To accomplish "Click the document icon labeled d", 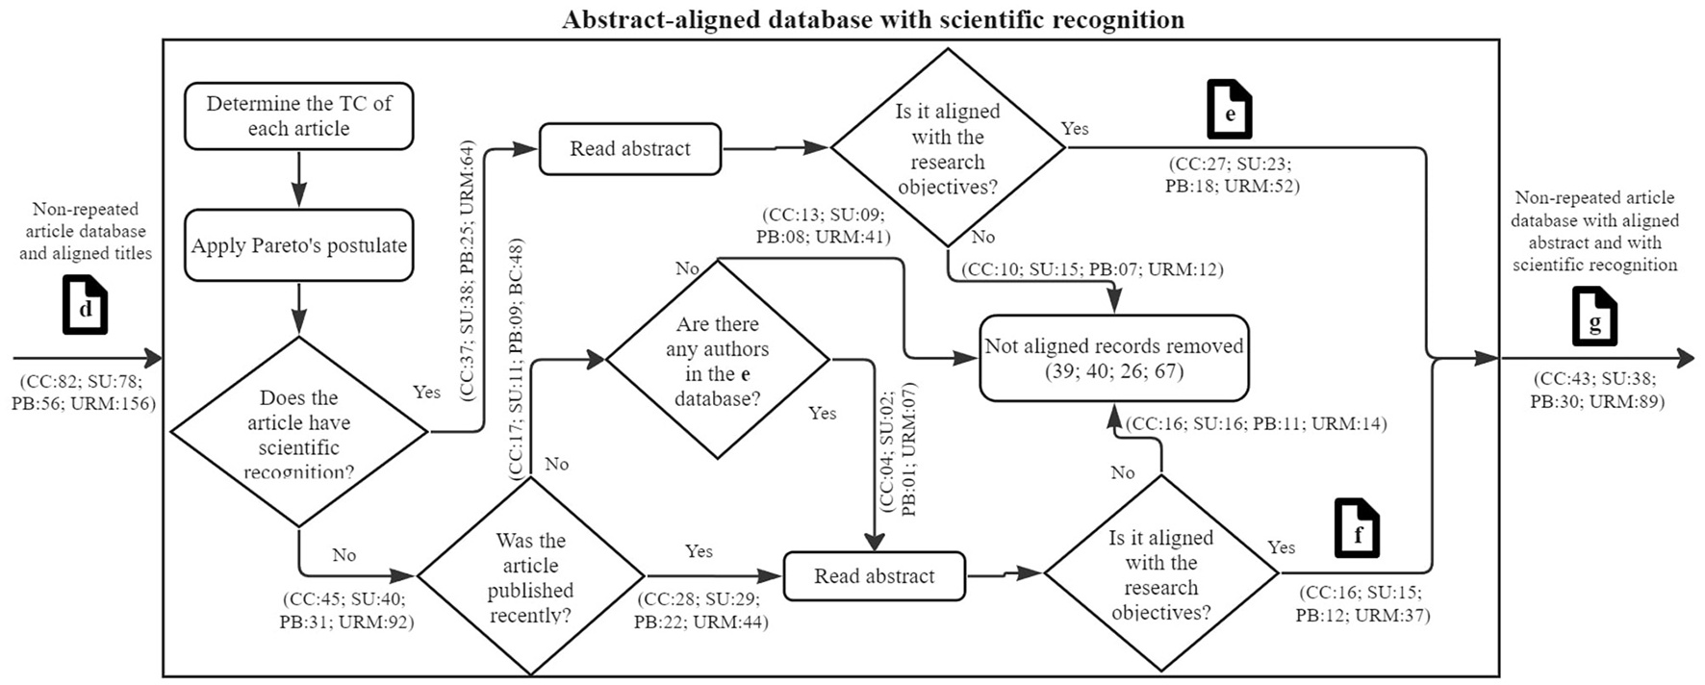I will click(x=85, y=304).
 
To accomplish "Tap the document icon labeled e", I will click(x=1229, y=110).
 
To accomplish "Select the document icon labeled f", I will click(x=1356, y=528).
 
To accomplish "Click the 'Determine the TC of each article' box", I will click(x=298, y=116).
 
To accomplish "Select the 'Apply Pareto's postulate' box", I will click(x=298, y=245).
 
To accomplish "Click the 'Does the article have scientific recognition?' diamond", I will click(x=298, y=432).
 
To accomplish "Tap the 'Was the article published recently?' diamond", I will click(x=530, y=576).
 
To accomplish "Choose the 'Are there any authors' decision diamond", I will click(x=717, y=361).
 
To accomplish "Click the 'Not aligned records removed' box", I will click(x=1113, y=358).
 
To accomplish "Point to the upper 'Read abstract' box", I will click(x=629, y=149).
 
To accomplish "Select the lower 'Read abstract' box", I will click(x=874, y=576).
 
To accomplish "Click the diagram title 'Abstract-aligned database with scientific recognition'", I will click(x=873, y=19).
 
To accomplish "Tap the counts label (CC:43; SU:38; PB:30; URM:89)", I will click(x=1596, y=390).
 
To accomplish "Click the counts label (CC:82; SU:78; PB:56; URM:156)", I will click(x=83, y=392).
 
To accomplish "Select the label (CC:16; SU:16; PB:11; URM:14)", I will click(x=1256, y=423).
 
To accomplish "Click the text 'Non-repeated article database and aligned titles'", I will click(x=85, y=231).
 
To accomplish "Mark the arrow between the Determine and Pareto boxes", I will click(x=298, y=179).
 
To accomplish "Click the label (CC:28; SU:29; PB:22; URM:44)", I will click(x=700, y=611).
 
